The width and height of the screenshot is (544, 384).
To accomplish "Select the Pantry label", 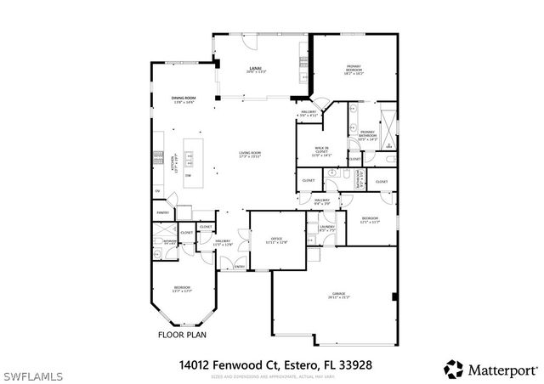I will (x=161, y=212).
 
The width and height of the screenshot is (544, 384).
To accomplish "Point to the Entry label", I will (x=240, y=267).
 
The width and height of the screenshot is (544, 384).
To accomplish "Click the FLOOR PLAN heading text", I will (x=184, y=335).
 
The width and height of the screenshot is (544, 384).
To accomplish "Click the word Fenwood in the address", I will (x=239, y=364).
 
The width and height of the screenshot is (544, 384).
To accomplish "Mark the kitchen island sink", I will (x=190, y=160).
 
